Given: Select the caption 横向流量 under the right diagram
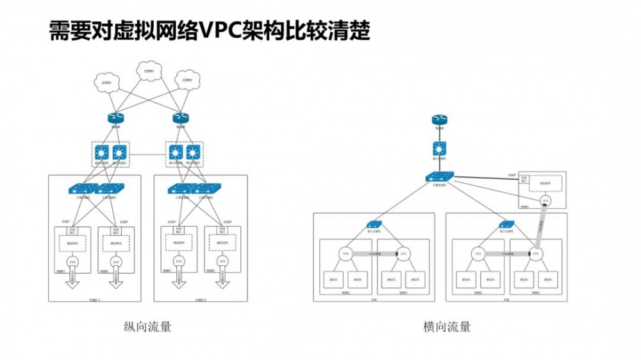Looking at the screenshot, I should (x=447, y=327).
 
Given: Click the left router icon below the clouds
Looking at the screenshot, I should (x=115, y=118).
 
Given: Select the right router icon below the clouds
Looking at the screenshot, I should (x=181, y=118).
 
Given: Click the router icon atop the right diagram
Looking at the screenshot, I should (x=439, y=120).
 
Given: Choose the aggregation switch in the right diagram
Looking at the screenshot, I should (x=439, y=176).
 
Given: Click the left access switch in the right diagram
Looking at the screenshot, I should (x=374, y=224).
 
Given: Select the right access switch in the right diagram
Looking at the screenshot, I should (x=506, y=224).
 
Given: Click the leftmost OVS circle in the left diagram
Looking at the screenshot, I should (x=73, y=261).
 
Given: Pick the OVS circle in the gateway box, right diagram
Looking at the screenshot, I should (x=545, y=201).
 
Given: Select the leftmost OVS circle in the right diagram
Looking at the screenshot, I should (x=344, y=254).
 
